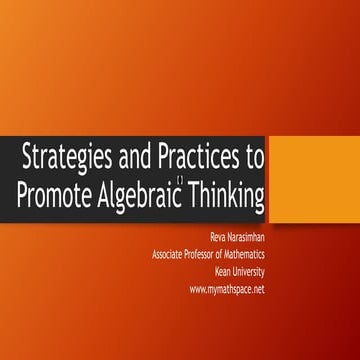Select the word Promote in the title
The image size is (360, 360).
click(56, 192)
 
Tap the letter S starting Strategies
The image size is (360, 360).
click(28, 157)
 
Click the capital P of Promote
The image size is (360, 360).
click(23, 192)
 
